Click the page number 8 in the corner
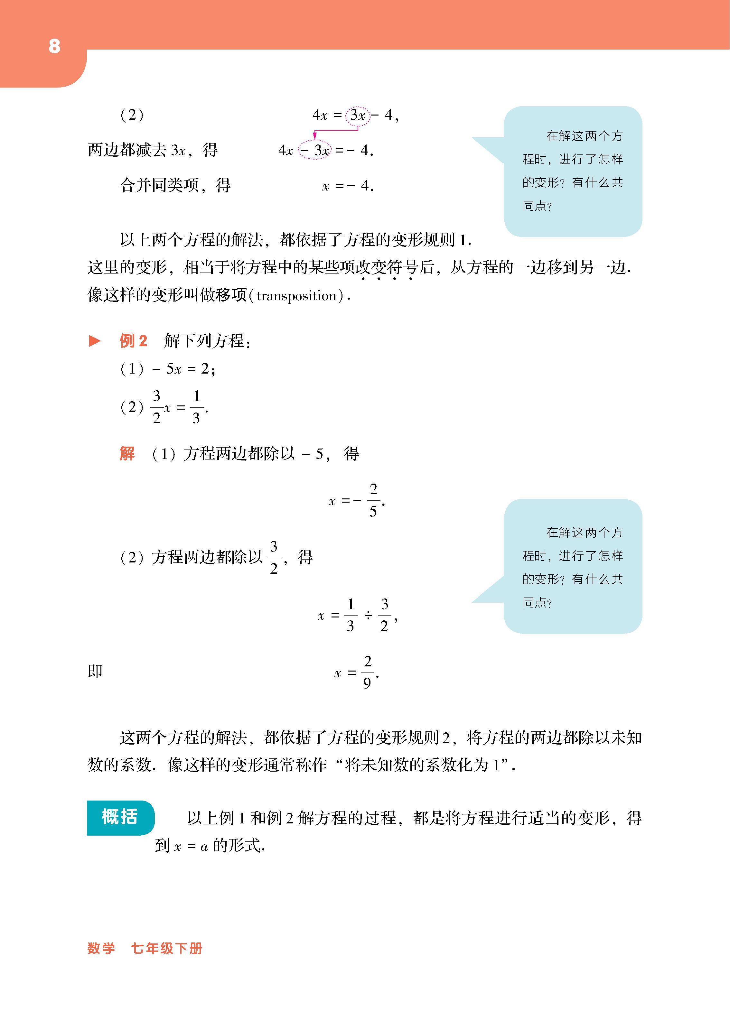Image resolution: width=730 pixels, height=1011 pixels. pos(54,46)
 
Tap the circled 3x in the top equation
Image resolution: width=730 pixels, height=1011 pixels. pos(358,116)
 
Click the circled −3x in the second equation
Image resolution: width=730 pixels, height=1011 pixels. pos(315,151)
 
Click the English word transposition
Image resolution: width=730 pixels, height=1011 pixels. pos(296,296)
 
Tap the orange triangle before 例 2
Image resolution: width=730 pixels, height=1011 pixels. pos(95,341)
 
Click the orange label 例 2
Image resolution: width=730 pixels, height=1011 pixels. pos(133,341)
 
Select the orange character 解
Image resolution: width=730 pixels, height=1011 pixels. pos(127,454)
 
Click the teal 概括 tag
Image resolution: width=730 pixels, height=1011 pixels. pos(120,817)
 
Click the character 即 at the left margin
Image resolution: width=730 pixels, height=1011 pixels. pos(95,671)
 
